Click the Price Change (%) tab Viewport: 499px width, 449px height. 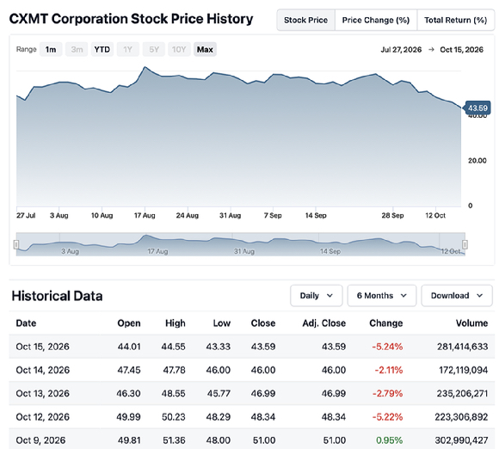coord(376,20)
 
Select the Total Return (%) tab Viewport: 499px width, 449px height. coord(456,20)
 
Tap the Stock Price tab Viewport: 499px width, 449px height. coord(305,20)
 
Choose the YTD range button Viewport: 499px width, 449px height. coord(102,50)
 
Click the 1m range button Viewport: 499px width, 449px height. coord(51,50)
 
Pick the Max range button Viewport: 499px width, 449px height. coord(205,50)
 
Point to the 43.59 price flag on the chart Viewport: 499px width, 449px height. coord(477,108)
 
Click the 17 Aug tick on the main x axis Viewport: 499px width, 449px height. coord(145,215)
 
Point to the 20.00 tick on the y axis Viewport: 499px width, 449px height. coord(477,161)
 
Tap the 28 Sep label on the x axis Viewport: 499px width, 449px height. coord(392,215)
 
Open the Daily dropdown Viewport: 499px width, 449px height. coord(317,296)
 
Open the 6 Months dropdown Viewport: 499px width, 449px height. coord(382,296)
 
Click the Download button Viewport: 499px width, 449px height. coord(457,296)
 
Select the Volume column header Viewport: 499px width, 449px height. coord(471,323)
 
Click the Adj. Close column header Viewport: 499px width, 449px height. coord(324,323)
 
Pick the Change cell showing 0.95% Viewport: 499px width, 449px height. coord(389,440)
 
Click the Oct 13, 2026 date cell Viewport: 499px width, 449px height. coord(43,394)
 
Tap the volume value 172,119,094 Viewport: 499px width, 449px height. coord(464,370)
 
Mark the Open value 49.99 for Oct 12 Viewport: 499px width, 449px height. coord(128,417)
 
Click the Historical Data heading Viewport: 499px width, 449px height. coord(58,296)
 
